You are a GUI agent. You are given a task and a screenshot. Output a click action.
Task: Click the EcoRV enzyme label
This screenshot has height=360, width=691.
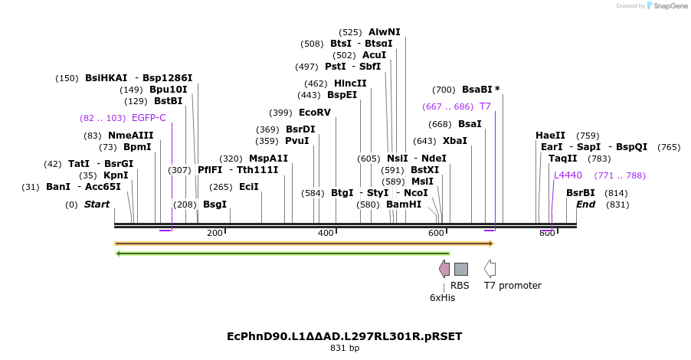click(x=315, y=113)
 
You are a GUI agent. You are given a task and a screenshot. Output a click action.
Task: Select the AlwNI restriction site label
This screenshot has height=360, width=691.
click(x=384, y=32)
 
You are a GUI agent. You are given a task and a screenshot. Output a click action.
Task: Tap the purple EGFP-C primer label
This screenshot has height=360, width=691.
click(x=149, y=118)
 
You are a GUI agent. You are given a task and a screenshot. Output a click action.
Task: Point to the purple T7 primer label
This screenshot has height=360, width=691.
click(x=485, y=106)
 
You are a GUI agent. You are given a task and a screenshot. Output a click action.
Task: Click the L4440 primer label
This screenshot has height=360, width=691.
click(x=568, y=175)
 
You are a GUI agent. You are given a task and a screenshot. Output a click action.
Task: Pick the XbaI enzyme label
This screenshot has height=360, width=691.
click(x=455, y=141)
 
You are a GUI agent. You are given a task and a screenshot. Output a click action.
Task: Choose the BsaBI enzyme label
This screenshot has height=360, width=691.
click(x=481, y=90)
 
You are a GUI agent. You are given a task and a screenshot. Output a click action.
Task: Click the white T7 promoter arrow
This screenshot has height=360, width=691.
click(x=490, y=268)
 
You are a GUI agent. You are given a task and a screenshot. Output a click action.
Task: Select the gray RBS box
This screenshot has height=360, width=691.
click(x=460, y=269)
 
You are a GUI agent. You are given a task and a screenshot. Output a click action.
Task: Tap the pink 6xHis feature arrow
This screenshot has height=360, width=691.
click(x=444, y=268)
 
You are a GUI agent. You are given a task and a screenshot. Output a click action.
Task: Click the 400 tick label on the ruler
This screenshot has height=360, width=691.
click(x=326, y=233)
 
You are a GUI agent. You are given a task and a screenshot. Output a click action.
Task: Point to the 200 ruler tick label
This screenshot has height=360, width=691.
click(x=215, y=233)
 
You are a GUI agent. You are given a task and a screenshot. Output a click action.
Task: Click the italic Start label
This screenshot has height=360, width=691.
click(x=97, y=205)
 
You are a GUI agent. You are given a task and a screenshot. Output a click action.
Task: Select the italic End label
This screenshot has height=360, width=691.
click(x=585, y=205)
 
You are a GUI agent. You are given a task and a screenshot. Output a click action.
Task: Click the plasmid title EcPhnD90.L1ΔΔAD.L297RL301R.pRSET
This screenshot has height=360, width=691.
click(x=345, y=336)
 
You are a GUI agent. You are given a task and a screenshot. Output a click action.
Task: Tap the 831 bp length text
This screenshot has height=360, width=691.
click(x=345, y=349)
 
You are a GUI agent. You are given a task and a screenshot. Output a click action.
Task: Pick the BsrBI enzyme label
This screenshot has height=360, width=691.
click(x=580, y=193)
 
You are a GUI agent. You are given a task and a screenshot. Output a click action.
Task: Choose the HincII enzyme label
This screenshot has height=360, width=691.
click(x=350, y=83)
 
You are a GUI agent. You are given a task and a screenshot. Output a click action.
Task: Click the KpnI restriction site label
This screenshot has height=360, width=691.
click(x=116, y=175)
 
